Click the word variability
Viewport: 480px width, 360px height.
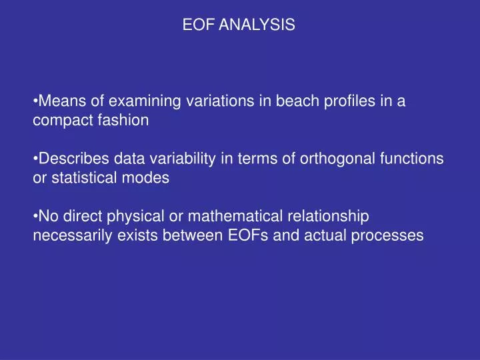click(166, 159)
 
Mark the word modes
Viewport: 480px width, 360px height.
click(151, 178)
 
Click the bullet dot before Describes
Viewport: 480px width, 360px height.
click(35, 159)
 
